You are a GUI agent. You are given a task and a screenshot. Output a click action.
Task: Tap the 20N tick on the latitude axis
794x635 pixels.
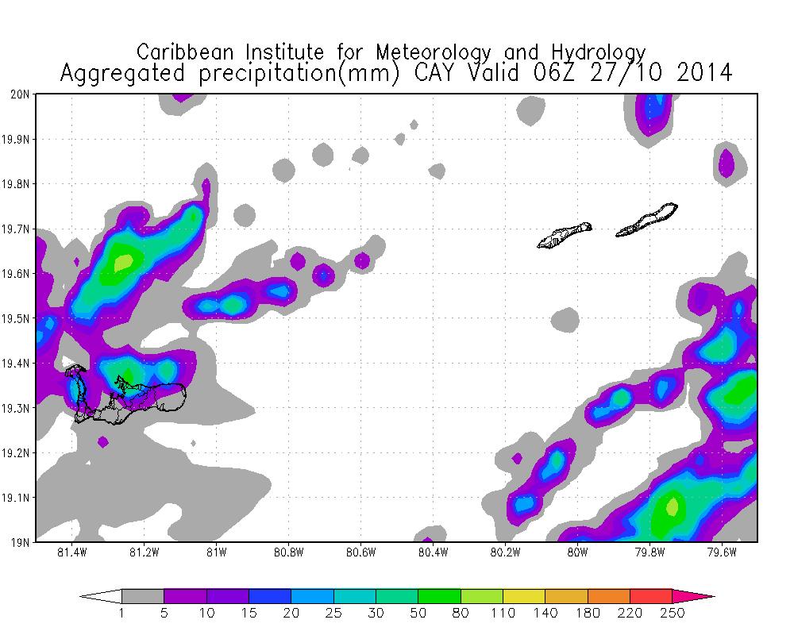coord(20,94)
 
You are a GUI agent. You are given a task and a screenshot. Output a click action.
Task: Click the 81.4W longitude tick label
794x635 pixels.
coord(72,552)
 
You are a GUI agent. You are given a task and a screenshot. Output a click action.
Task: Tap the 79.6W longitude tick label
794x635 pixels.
coord(723,552)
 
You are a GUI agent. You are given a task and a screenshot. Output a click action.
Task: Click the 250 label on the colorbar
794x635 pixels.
coord(672,613)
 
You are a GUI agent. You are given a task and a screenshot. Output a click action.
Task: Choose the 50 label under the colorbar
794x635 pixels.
coord(418,613)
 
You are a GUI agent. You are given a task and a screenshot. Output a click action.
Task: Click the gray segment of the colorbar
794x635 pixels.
coord(143,596)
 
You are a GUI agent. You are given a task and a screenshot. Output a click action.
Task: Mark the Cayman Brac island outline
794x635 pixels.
coord(647,221)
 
